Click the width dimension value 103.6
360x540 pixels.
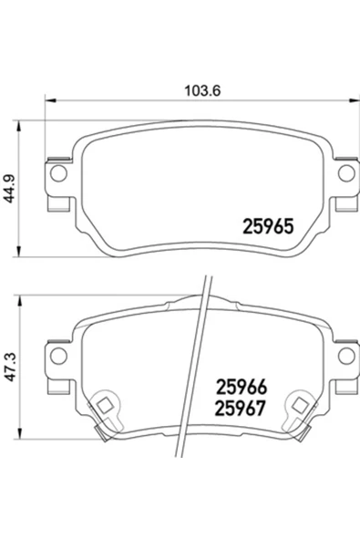point(191,91)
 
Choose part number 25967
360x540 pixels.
point(240,409)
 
